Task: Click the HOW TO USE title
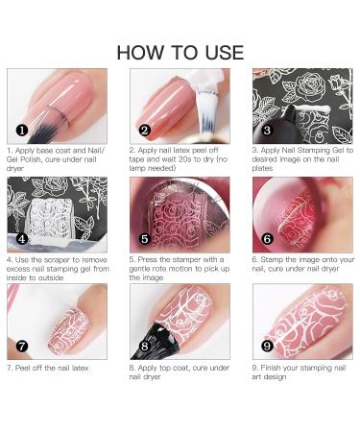coord(180,52)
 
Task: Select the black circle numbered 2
coord(145,130)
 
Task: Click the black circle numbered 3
coord(268,130)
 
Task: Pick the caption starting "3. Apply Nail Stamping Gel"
coord(302,158)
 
